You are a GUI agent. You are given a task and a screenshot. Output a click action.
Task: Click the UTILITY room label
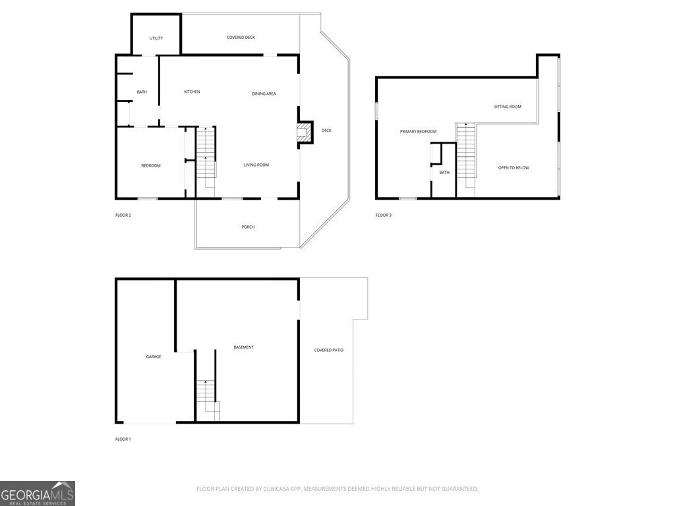click(156, 38)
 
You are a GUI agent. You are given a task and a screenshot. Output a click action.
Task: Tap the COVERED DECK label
click(241, 38)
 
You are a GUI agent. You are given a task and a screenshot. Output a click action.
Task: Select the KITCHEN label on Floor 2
click(192, 92)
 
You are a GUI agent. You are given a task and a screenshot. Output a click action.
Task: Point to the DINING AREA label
click(264, 94)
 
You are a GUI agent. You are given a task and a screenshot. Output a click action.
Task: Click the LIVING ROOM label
click(256, 165)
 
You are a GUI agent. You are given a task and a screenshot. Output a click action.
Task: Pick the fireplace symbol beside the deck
click(304, 132)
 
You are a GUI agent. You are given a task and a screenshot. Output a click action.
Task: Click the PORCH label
click(248, 227)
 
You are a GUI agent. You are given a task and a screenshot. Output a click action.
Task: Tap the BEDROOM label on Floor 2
click(151, 165)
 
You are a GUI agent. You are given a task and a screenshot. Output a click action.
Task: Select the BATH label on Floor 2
click(142, 92)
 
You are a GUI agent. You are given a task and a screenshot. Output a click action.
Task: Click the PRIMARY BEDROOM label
click(418, 132)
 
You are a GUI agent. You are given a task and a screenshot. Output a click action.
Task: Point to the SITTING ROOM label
click(508, 107)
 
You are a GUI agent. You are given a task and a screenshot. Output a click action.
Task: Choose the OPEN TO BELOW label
click(514, 168)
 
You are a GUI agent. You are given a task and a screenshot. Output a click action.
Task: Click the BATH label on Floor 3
click(444, 173)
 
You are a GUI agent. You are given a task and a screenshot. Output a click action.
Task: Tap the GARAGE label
click(153, 356)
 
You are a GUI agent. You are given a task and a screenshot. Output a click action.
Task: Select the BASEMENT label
click(244, 347)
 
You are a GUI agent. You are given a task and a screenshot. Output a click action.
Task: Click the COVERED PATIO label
click(329, 351)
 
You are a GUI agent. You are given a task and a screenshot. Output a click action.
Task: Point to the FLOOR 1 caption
click(123, 439)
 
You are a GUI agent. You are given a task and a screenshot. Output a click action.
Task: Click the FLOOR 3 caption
click(384, 215)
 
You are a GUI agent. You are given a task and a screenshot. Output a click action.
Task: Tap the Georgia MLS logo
click(38, 493)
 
